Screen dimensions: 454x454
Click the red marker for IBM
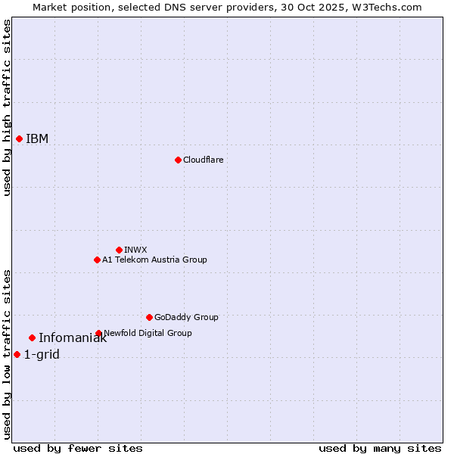point(19,138)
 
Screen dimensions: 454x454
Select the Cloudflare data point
point(178,160)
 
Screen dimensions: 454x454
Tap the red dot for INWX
point(119,250)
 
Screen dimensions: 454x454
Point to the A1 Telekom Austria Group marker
point(97,260)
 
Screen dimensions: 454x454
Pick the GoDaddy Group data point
point(149,317)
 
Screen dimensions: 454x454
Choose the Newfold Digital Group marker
point(98,333)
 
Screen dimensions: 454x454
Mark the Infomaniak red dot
point(32,337)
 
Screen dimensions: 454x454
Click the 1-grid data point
point(17,354)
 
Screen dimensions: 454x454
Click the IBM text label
point(37,138)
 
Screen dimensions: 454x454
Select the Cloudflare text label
point(203,160)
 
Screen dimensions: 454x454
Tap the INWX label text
point(135,250)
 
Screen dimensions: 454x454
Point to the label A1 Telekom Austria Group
point(154,260)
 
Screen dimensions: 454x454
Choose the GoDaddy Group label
point(186,317)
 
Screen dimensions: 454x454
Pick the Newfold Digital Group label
point(148,333)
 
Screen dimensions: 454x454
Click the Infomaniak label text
point(73,338)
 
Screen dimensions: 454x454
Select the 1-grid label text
point(42,354)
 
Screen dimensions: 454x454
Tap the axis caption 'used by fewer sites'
point(78,448)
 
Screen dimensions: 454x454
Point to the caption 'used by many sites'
point(380,448)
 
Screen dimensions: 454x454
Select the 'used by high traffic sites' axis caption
point(7,107)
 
